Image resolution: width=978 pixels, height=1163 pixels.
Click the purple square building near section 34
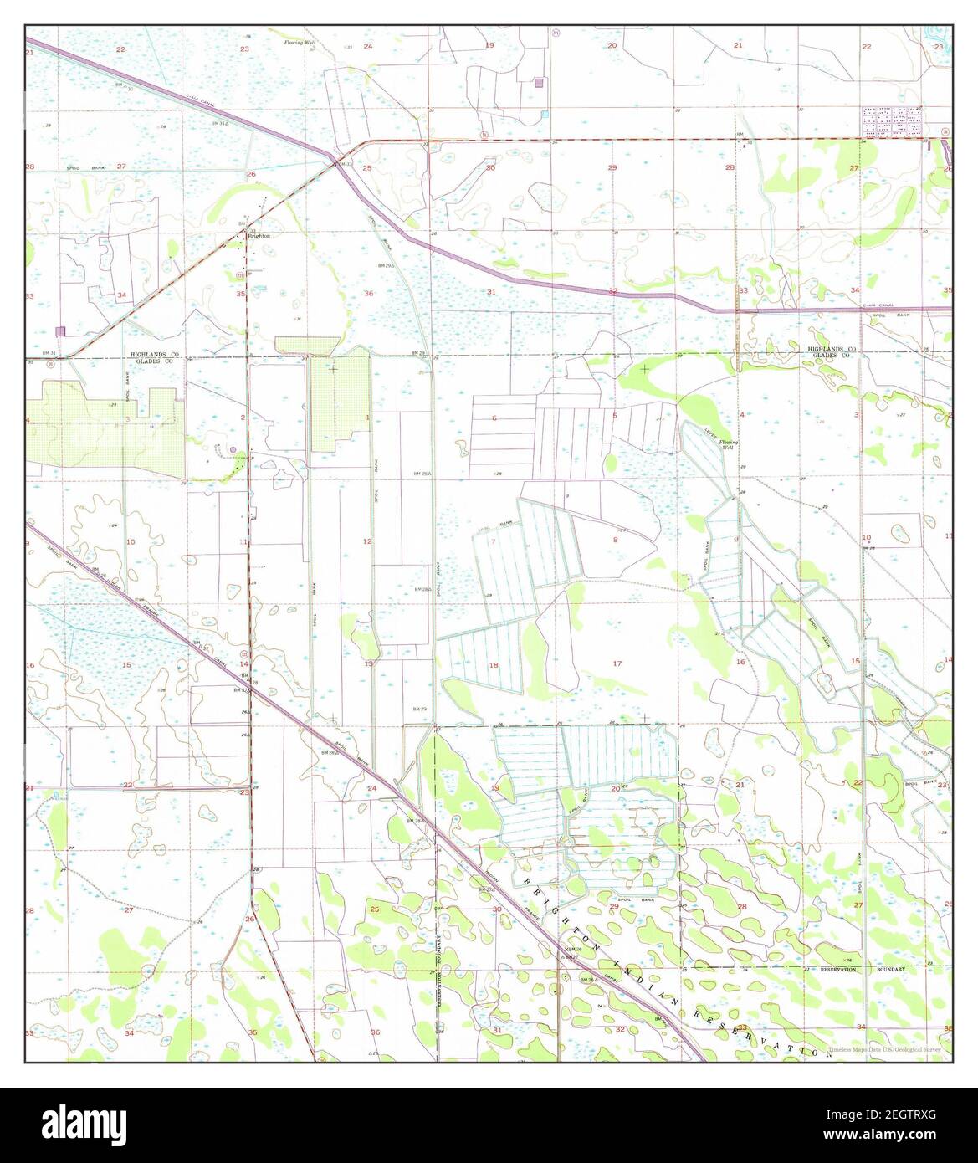tap(60, 332)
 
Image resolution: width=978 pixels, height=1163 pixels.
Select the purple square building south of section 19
tap(540, 82)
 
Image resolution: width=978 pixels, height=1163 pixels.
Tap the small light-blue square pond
tap(544, 113)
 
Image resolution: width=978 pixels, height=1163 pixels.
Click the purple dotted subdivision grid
tap(892, 122)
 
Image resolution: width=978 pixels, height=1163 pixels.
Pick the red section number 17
tap(617, 663)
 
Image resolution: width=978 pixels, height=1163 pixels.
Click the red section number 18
tap(494, 665)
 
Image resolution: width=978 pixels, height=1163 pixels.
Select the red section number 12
tap(366, 542)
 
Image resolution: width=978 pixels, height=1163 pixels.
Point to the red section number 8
tap(616, 541)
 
